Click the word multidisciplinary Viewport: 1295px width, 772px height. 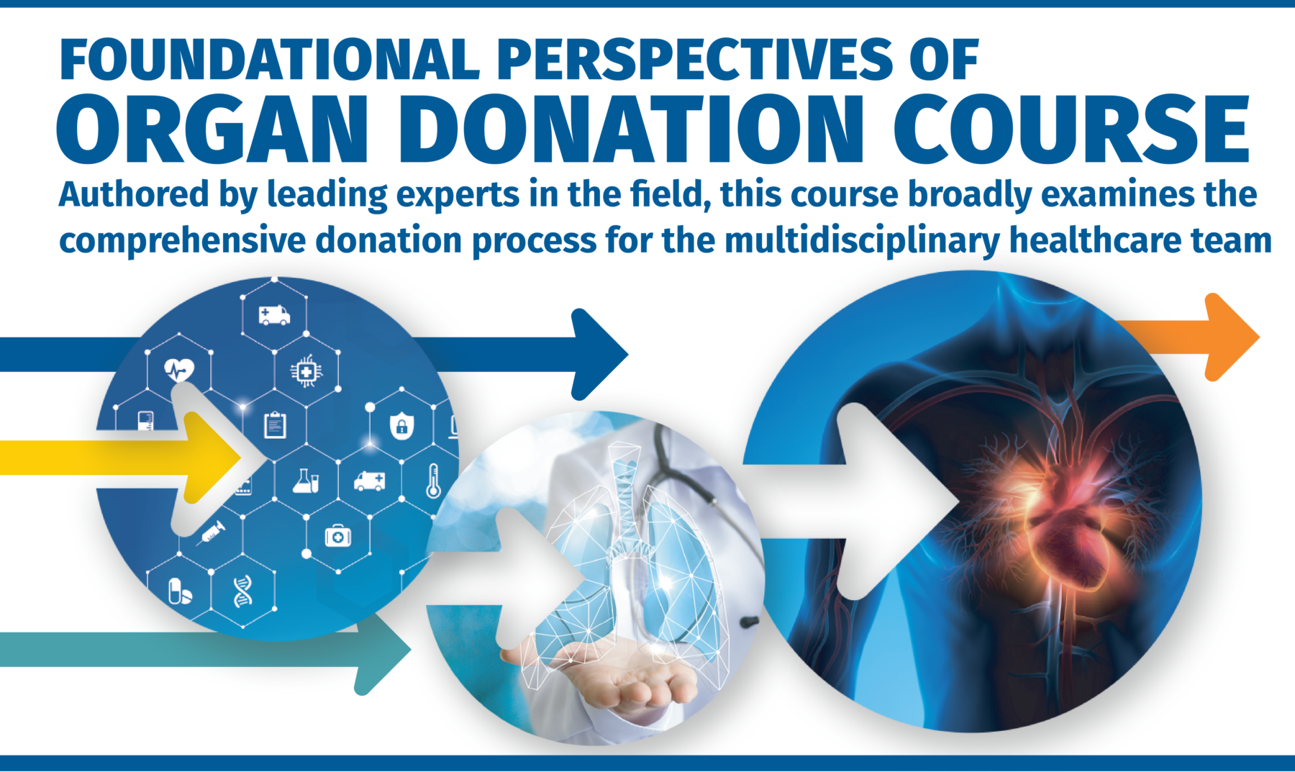[861, 241]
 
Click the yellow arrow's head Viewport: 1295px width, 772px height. [212, 455]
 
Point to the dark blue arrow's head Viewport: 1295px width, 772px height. [597, 354]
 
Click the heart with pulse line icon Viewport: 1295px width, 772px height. [179, 370]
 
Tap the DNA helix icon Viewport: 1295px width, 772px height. [243, 591]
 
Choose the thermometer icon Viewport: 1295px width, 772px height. [433, 481]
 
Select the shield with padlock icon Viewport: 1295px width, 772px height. [401, 426]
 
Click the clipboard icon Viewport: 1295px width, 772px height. [275, 424]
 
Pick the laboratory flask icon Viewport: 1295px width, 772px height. [306, 481]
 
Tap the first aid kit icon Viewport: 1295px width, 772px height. [337, 536]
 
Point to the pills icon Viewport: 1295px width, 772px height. [179, 591]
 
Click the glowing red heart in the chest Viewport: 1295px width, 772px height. [1065, 518]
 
